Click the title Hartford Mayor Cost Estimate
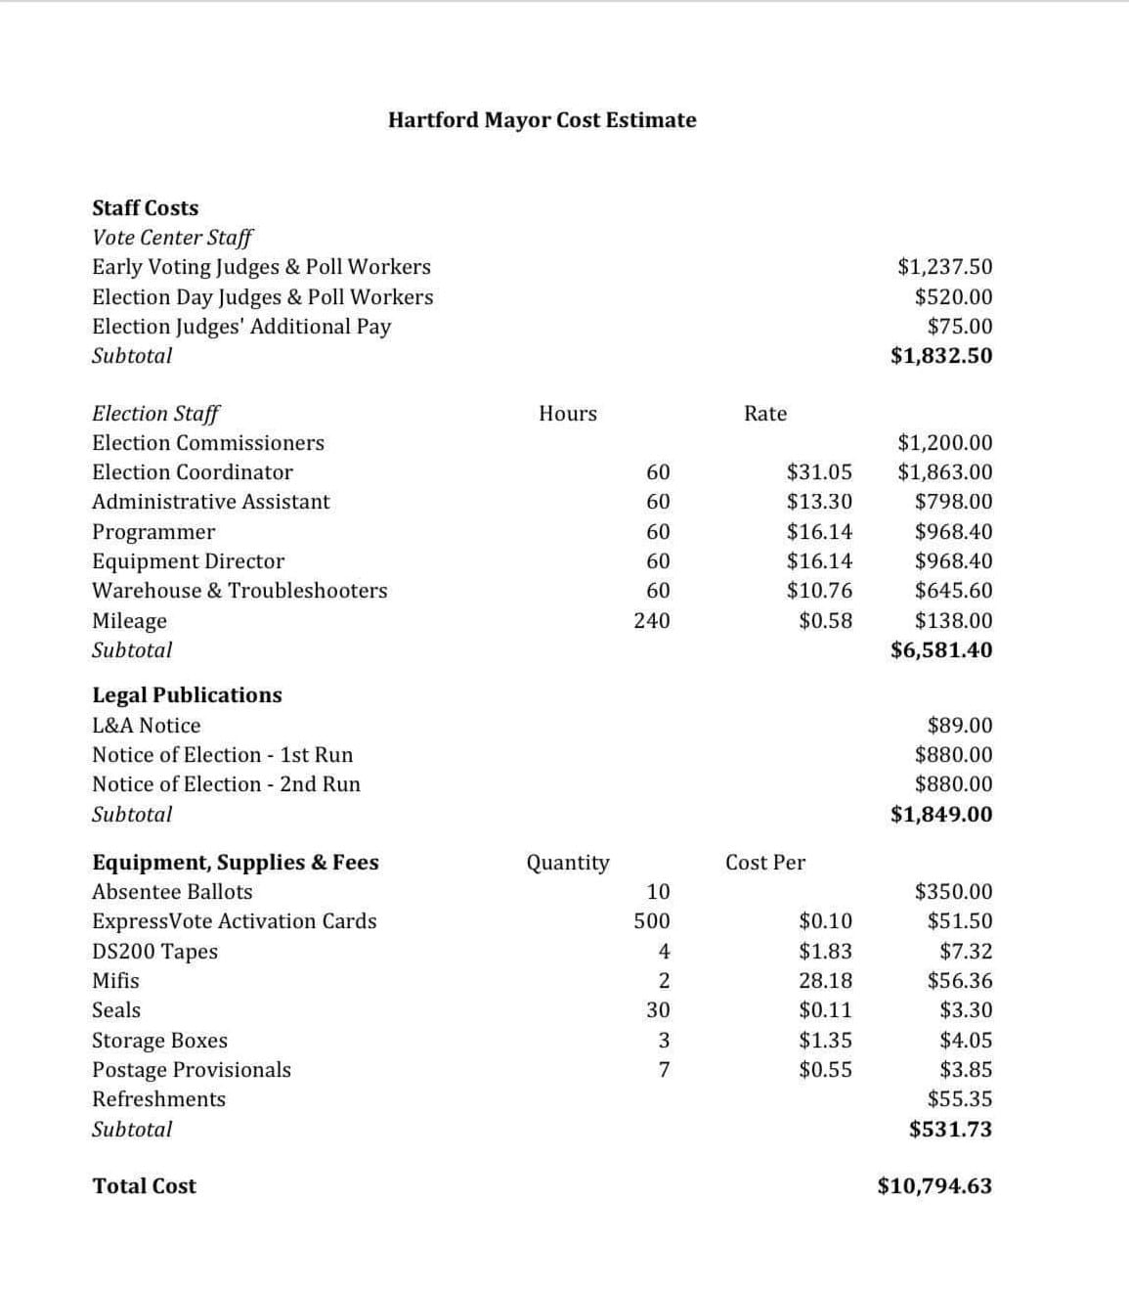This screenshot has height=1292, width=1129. coord(542,120)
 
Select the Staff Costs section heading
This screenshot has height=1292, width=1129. coord(145,208)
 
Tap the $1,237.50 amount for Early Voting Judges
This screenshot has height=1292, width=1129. coord(944,267)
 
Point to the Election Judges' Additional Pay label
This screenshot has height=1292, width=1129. coord(241,327)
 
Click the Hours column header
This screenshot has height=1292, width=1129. coord(567,414)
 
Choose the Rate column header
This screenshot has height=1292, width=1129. coord(764,414)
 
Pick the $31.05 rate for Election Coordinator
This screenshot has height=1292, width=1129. coord(819,472)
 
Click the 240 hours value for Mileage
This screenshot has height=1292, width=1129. coord(651,620)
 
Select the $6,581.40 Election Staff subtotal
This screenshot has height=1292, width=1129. coord(940,650)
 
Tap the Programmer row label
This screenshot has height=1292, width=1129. coord(153,532)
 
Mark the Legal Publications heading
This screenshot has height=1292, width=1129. coord(187,695)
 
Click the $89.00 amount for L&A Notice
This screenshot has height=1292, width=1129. coord(959,726)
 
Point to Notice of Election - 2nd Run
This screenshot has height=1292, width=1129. coord(226,784)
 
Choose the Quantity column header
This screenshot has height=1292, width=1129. coord(567,863)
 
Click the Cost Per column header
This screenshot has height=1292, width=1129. coord(764,863)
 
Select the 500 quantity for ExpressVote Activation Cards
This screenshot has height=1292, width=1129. coord(651,921)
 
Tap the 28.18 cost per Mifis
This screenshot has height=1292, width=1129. coord(825,981)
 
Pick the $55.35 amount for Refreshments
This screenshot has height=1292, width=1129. coord(959,1099)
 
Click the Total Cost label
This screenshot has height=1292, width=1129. coord(144,1186)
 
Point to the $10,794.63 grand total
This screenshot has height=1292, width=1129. coord(934,1186)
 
